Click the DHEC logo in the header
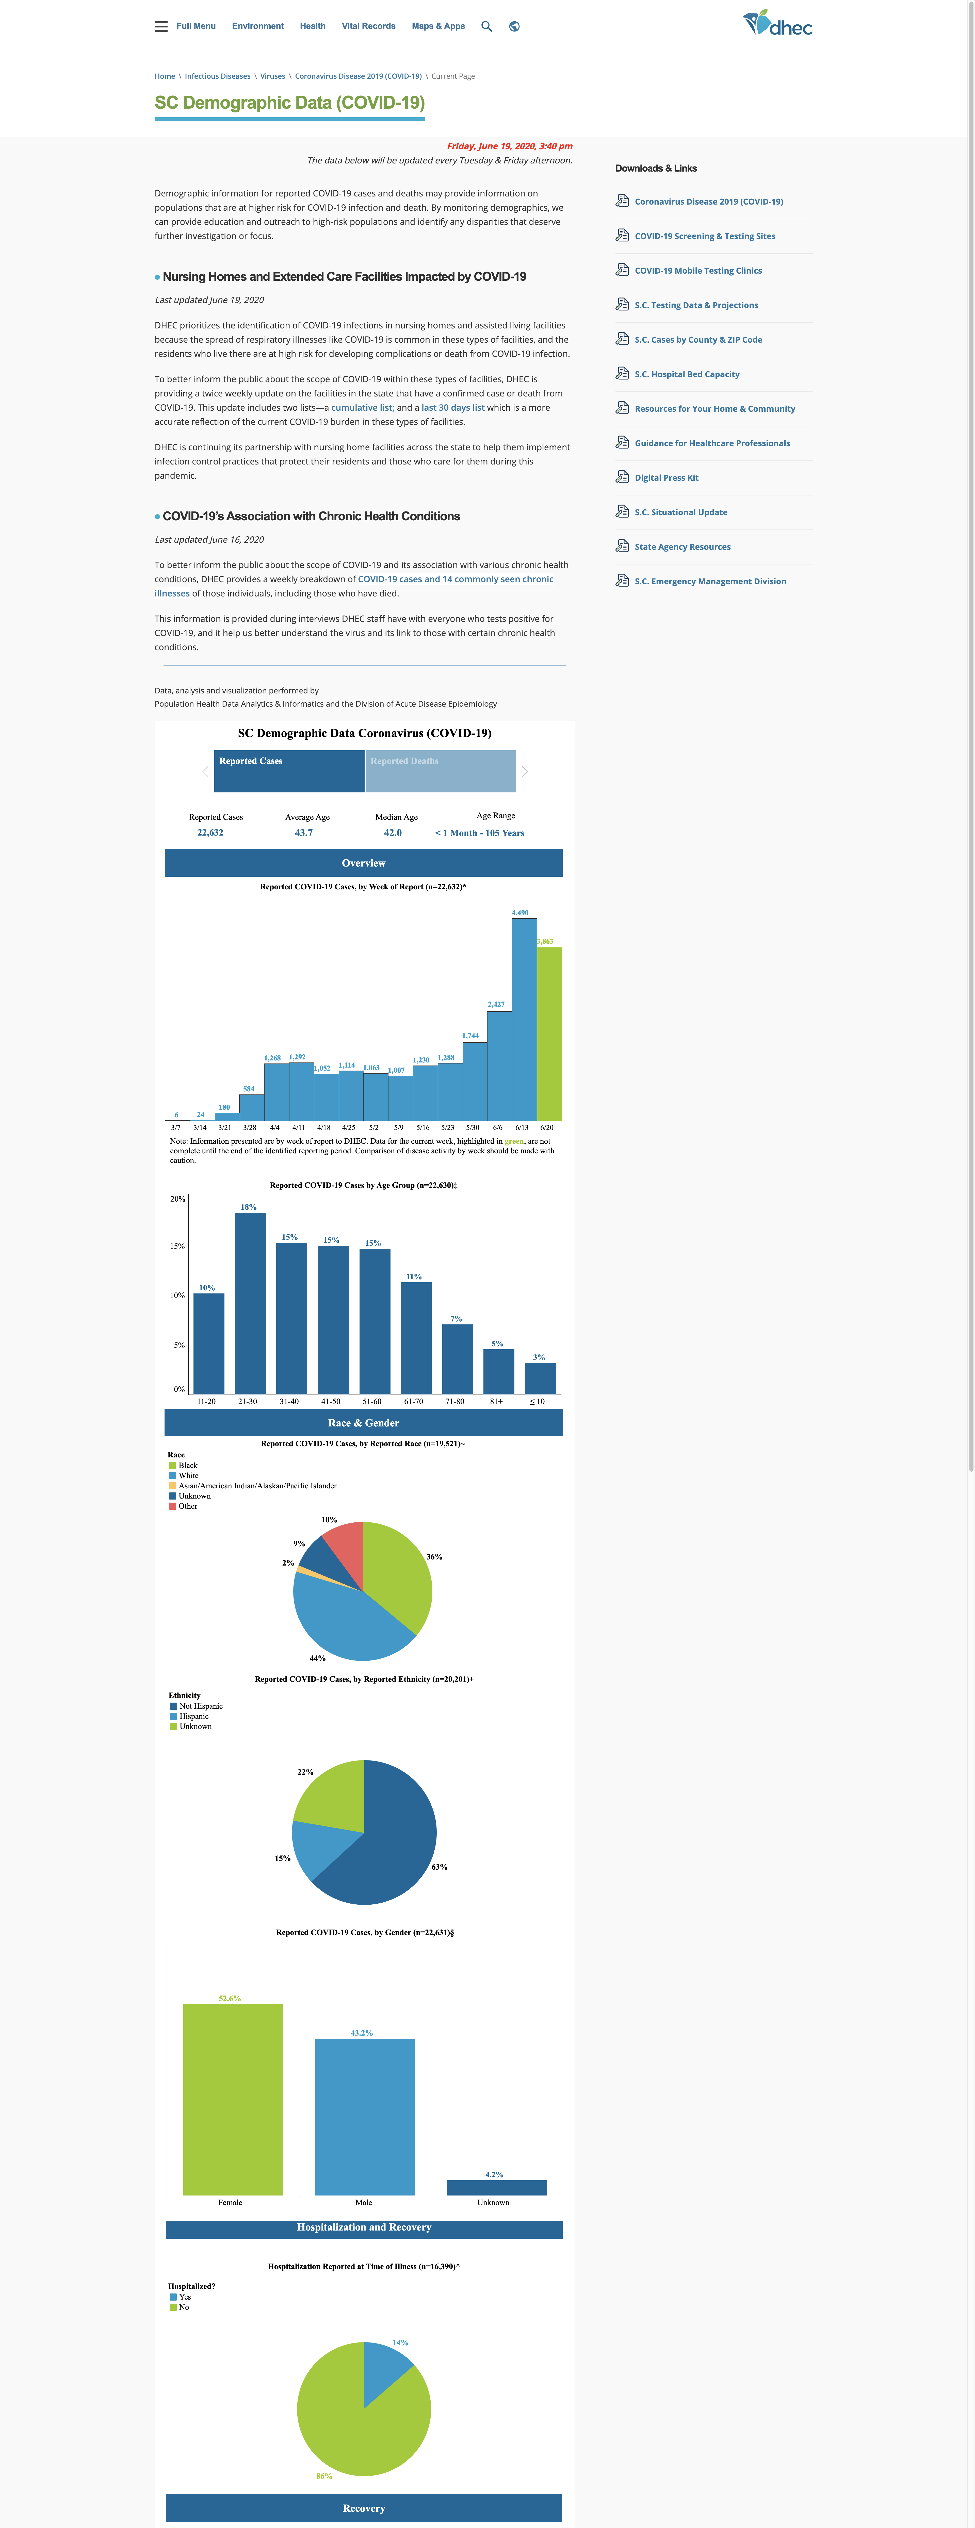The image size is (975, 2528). pyautogui.click(x=778, y=24)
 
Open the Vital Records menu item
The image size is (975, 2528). pyautogui.click(x=368, y=26)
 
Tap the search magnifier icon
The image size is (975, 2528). pyautogui.click(x=486, y=26)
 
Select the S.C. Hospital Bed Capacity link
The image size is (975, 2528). pyautogui.click(x=686, y=374)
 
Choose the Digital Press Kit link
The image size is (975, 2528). pyautogui.click(x=667, y=478)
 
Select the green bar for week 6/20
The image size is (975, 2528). pyautogui.click(x=549, y=1033)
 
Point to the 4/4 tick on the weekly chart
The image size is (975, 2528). pyautogui.click(x=275, y=1128)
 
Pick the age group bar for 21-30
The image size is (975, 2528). pyautogui.click(x=250, y=1303)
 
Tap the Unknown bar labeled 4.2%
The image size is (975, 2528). pyautogui.click(x=497, y=2187)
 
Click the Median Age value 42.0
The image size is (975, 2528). pyautogui.click(x=393, y=833)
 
